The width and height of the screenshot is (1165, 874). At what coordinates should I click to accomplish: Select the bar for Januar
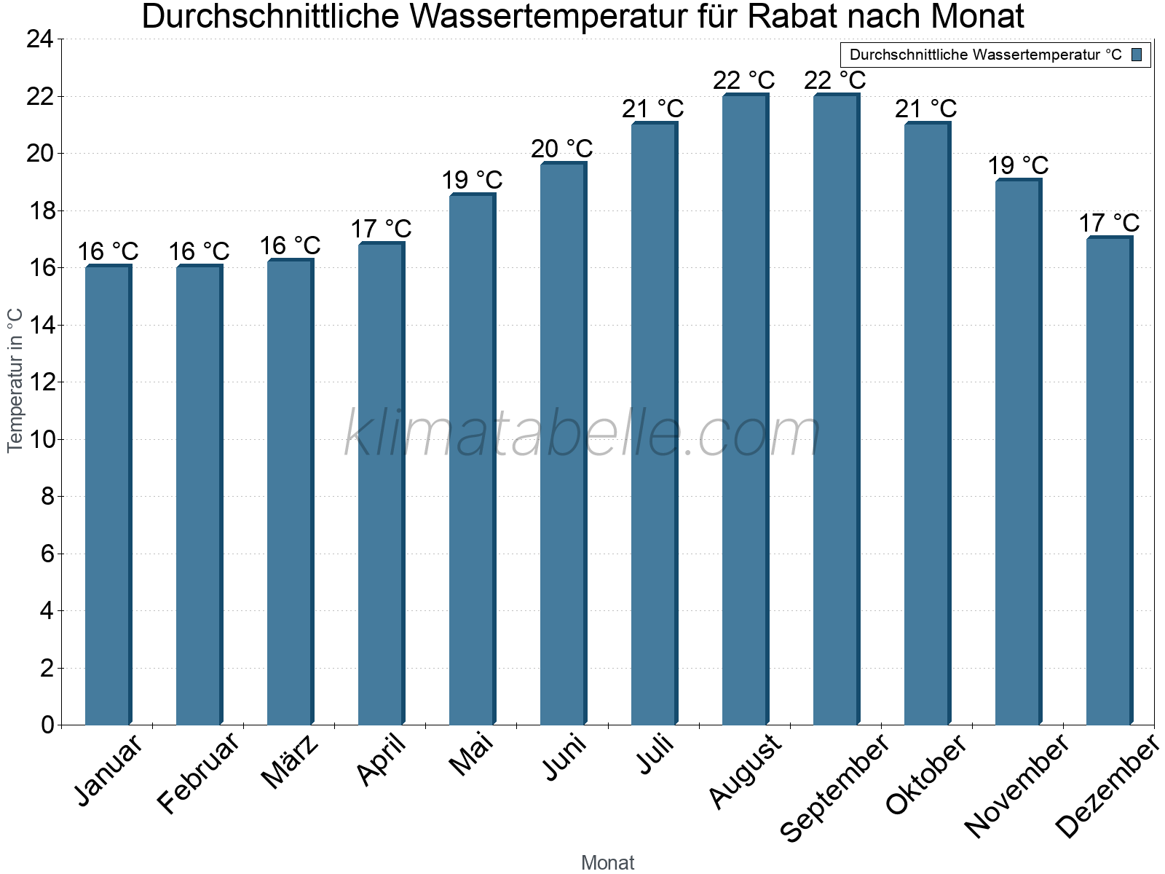[108, 495]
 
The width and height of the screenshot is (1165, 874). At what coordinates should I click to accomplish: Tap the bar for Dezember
[1109, 481]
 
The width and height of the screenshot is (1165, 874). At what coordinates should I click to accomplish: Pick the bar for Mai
[472, 459]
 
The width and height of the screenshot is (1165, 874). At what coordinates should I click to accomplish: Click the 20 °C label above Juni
[561, 149]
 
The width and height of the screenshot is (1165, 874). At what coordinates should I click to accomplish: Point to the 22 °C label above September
[835, 80]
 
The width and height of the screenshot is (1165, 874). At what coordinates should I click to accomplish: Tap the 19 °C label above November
[1018, 165]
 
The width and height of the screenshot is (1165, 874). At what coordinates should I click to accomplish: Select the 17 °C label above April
[381, 229]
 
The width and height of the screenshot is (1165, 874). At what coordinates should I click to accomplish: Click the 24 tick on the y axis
[41, 39]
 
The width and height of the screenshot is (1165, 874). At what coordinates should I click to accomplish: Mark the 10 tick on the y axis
[41, 439]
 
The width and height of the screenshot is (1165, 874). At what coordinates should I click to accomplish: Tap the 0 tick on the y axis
[47, 725]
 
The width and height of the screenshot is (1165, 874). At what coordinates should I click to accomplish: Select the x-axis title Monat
[607, 862]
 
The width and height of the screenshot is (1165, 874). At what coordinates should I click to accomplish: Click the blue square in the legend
[1137, 55]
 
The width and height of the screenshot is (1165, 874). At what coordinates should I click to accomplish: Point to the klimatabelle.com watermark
[582, 434]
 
